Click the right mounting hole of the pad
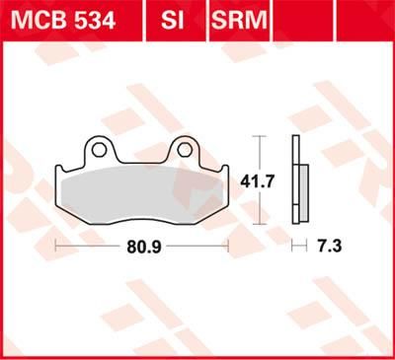184,150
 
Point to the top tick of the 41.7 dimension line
258,136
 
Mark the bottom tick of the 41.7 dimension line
258,226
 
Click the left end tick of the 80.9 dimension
55,243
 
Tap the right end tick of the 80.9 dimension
228,243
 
